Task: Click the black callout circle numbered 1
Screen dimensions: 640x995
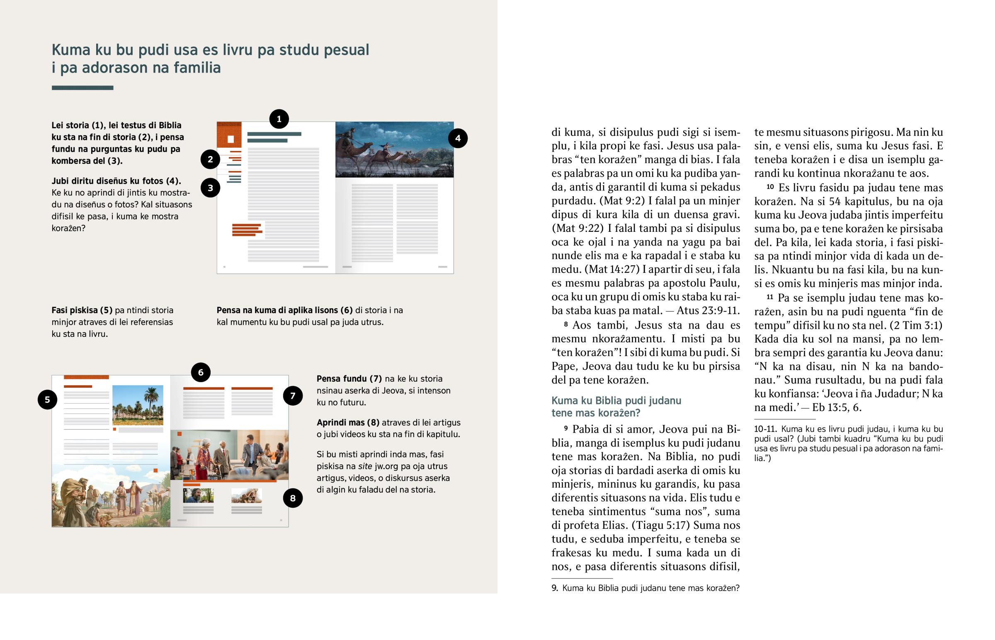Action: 279,119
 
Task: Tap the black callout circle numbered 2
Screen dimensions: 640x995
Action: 210,159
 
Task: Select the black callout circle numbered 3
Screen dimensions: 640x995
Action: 210,188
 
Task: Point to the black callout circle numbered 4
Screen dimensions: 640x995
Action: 458,139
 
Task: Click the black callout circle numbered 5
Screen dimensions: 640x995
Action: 47,400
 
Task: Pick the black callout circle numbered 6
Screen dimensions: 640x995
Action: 201,372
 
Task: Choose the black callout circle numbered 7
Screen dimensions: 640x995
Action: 293,396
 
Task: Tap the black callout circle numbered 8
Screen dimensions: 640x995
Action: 293,498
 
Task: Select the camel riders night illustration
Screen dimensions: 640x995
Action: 394,150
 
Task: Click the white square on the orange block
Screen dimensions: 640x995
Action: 231,139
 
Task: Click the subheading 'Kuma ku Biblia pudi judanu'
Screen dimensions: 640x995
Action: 616,401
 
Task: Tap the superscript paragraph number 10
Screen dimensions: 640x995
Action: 770,187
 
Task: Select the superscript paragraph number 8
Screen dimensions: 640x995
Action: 565,324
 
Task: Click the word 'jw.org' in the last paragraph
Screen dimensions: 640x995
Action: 386,466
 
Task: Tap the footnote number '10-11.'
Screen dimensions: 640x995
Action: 765,429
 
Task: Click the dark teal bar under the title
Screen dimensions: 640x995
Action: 82,88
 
